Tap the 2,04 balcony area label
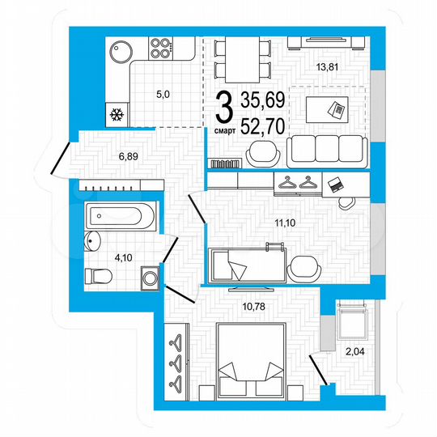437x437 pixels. click(x=353, y=351)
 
